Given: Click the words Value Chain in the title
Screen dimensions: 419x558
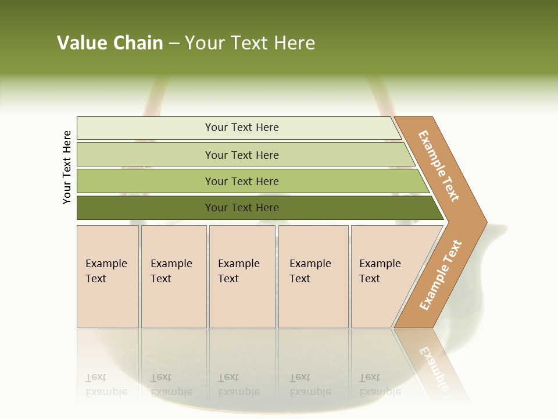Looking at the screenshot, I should point(110,43).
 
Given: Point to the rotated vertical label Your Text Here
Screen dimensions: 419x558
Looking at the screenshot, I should point(67,168).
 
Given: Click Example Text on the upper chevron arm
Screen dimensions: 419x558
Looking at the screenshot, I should point(439,166).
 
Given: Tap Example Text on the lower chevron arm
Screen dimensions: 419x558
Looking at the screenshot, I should point(441,275).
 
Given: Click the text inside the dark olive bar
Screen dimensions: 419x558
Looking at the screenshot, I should point(242,208).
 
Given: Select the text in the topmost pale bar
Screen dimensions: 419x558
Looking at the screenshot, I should point(242,127).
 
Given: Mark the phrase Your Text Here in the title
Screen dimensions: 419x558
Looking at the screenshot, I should point(250,43).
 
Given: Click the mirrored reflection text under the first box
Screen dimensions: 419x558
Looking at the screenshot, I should point(106,385).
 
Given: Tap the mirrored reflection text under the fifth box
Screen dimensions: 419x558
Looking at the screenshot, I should point(380,385).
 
